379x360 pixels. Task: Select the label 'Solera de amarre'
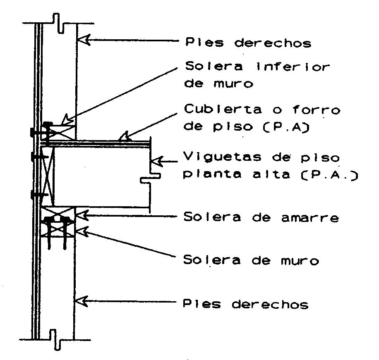click(261, 217)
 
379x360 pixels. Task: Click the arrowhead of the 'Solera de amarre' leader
click(82, 215)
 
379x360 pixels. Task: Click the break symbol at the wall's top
click(58, 23)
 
